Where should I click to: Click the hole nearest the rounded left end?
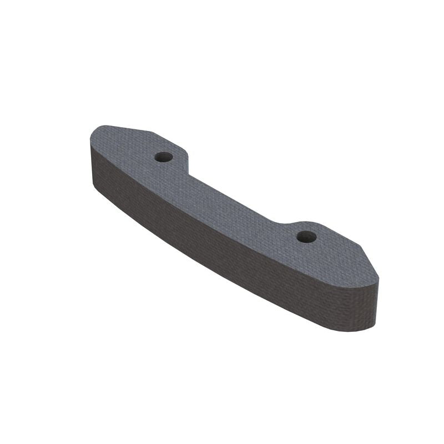(163, 157)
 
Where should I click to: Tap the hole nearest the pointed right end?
(306, 237)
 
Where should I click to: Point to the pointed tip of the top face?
(379, 277)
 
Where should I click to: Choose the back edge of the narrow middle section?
(233, 197)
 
